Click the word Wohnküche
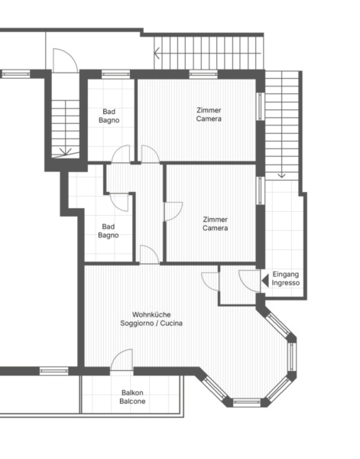tap(151, 314)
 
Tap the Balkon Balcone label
tap(132, 397)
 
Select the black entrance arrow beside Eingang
tap(265, 281)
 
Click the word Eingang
tap(286, 275)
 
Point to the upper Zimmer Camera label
tap(209, 115)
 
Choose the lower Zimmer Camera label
tap(216, 223)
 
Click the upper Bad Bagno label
tap(109, 116)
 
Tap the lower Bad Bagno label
tap(109, 231)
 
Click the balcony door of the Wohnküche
tap(122, 360)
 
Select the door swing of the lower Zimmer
tap(174, 211)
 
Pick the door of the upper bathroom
tap(121, 154)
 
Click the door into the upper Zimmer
tap(151, 154)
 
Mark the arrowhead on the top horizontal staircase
tap(157, 54)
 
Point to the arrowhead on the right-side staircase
tap(281, 176)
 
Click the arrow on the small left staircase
tap(66, 151)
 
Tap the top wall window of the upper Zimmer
tap(203, 74)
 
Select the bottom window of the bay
tap(247, 402)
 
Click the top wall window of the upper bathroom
tap(116, 74)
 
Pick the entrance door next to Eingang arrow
tap(249, 281)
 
